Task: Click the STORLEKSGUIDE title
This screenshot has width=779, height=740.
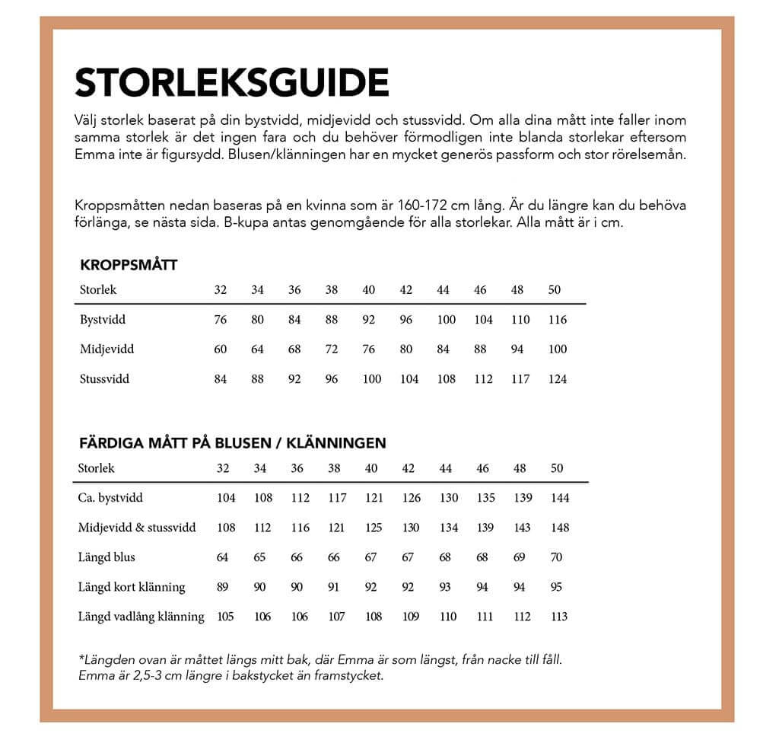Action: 232,81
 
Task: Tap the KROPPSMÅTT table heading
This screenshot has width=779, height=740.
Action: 129,266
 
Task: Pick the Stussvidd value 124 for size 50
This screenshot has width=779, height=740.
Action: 558,379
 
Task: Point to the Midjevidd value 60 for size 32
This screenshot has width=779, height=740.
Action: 221,349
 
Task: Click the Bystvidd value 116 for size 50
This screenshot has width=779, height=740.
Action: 558,320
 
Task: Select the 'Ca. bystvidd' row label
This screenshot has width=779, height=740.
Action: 110,498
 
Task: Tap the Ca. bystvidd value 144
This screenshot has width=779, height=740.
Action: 560,498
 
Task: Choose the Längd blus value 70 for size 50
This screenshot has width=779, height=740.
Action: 556,557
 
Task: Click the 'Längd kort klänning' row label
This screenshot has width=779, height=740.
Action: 132,587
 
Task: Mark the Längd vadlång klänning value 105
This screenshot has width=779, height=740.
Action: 226,617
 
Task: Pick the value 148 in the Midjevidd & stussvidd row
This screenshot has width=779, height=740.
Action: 560,528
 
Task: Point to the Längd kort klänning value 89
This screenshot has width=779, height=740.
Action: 223,587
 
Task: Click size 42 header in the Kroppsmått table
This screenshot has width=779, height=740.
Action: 406,290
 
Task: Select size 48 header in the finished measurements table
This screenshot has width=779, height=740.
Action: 520,468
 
